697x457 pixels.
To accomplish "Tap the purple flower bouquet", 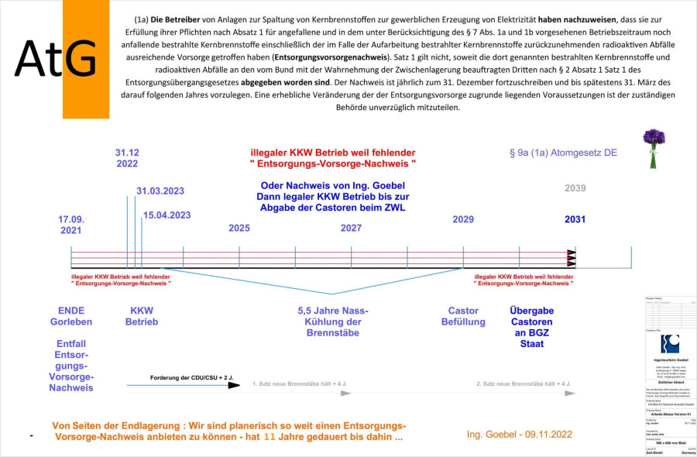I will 654,147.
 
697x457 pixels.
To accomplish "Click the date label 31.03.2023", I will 160,191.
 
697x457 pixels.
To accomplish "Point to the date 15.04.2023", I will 167,215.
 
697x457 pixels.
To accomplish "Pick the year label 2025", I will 239,228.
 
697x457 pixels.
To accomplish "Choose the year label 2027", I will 351,228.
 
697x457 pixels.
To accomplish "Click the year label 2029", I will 463,220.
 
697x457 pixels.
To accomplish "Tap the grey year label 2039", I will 575,188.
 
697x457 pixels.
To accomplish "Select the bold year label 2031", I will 575,220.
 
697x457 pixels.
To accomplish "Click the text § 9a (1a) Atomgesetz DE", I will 563,153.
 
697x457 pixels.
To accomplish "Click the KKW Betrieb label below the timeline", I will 142,316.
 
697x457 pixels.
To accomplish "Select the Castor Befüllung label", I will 463,316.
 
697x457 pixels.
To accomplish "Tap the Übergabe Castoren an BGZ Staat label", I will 531,327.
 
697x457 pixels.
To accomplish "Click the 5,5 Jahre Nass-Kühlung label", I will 333,321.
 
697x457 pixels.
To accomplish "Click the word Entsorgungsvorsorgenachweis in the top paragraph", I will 325,58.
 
